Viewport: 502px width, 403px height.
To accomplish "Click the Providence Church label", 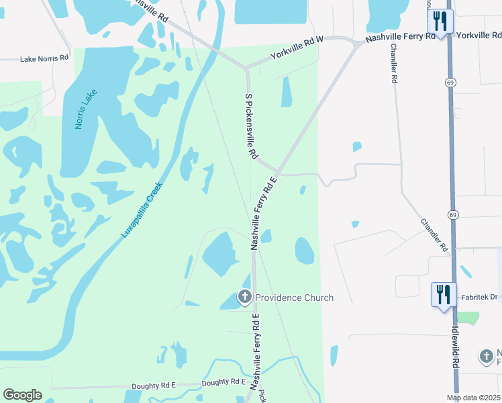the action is coord(294,298).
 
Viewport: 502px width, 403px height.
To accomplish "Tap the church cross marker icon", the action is coord(245,296).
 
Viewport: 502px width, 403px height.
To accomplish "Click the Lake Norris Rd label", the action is coord(44,58).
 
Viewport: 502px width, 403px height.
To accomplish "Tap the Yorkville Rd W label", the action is coord(297,49).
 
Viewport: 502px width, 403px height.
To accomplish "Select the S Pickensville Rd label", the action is coord(250,126).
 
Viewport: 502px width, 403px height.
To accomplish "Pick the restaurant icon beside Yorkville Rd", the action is coord(440,21).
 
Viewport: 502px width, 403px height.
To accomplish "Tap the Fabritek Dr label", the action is coord(477,296).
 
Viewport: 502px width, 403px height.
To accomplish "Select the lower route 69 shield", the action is coord(454,214).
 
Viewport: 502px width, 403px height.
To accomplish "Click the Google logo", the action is coord(22,395).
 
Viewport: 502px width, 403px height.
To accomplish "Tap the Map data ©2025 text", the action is coord(472,398).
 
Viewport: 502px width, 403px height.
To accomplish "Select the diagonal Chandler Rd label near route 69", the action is coord(434,234).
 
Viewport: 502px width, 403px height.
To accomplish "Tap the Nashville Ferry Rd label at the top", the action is coord(401,36).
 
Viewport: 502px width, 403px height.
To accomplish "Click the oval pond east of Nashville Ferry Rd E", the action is coord(305,251).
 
